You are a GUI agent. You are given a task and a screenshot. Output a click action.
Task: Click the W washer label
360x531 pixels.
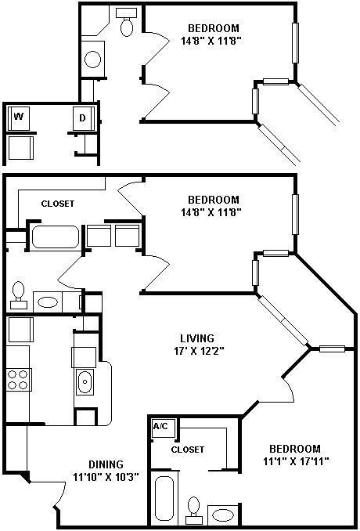pyautogui.click(x=17, y=117)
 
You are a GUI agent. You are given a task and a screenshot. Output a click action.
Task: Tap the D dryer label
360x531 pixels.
pyautogui.click(x=82, y=117)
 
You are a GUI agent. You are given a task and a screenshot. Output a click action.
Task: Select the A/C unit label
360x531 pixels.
pyautogui.click(x=160, y=427)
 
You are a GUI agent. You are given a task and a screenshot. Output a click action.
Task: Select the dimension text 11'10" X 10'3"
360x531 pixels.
pyautogui.click(x=106, y=477)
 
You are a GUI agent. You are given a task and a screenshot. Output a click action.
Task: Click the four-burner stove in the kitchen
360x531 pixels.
pyautogui.click(x=17, y=379)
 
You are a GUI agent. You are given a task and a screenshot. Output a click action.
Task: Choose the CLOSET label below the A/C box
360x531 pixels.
pyautogui.click(x=187, y=450)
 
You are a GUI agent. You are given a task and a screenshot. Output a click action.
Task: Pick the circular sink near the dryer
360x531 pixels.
pyautogui.click(x=92, y=60)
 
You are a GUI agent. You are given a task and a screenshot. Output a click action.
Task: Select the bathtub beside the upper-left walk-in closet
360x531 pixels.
pyautogui.click(x=55, y=237)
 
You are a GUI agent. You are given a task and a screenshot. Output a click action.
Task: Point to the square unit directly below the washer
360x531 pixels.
pyautogui.click(x=20, y=146)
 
